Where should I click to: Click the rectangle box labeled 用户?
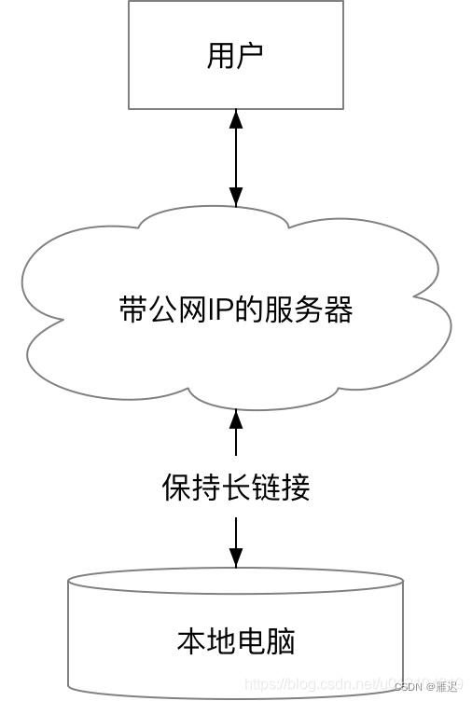point(235,56)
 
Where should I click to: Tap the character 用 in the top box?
point(221,56)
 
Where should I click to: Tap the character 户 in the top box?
point(250,56)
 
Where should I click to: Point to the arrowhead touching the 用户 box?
point(236,119)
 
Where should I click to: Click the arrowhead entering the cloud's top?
point(236,196)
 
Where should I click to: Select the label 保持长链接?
point(236,488)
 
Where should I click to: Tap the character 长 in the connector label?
point(236,488)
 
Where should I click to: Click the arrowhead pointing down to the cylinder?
point(236,557)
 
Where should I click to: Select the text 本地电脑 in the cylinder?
point(236,641)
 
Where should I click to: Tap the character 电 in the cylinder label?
point(251,641)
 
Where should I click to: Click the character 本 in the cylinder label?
point(190,641)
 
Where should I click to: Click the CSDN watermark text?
point(410,686)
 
